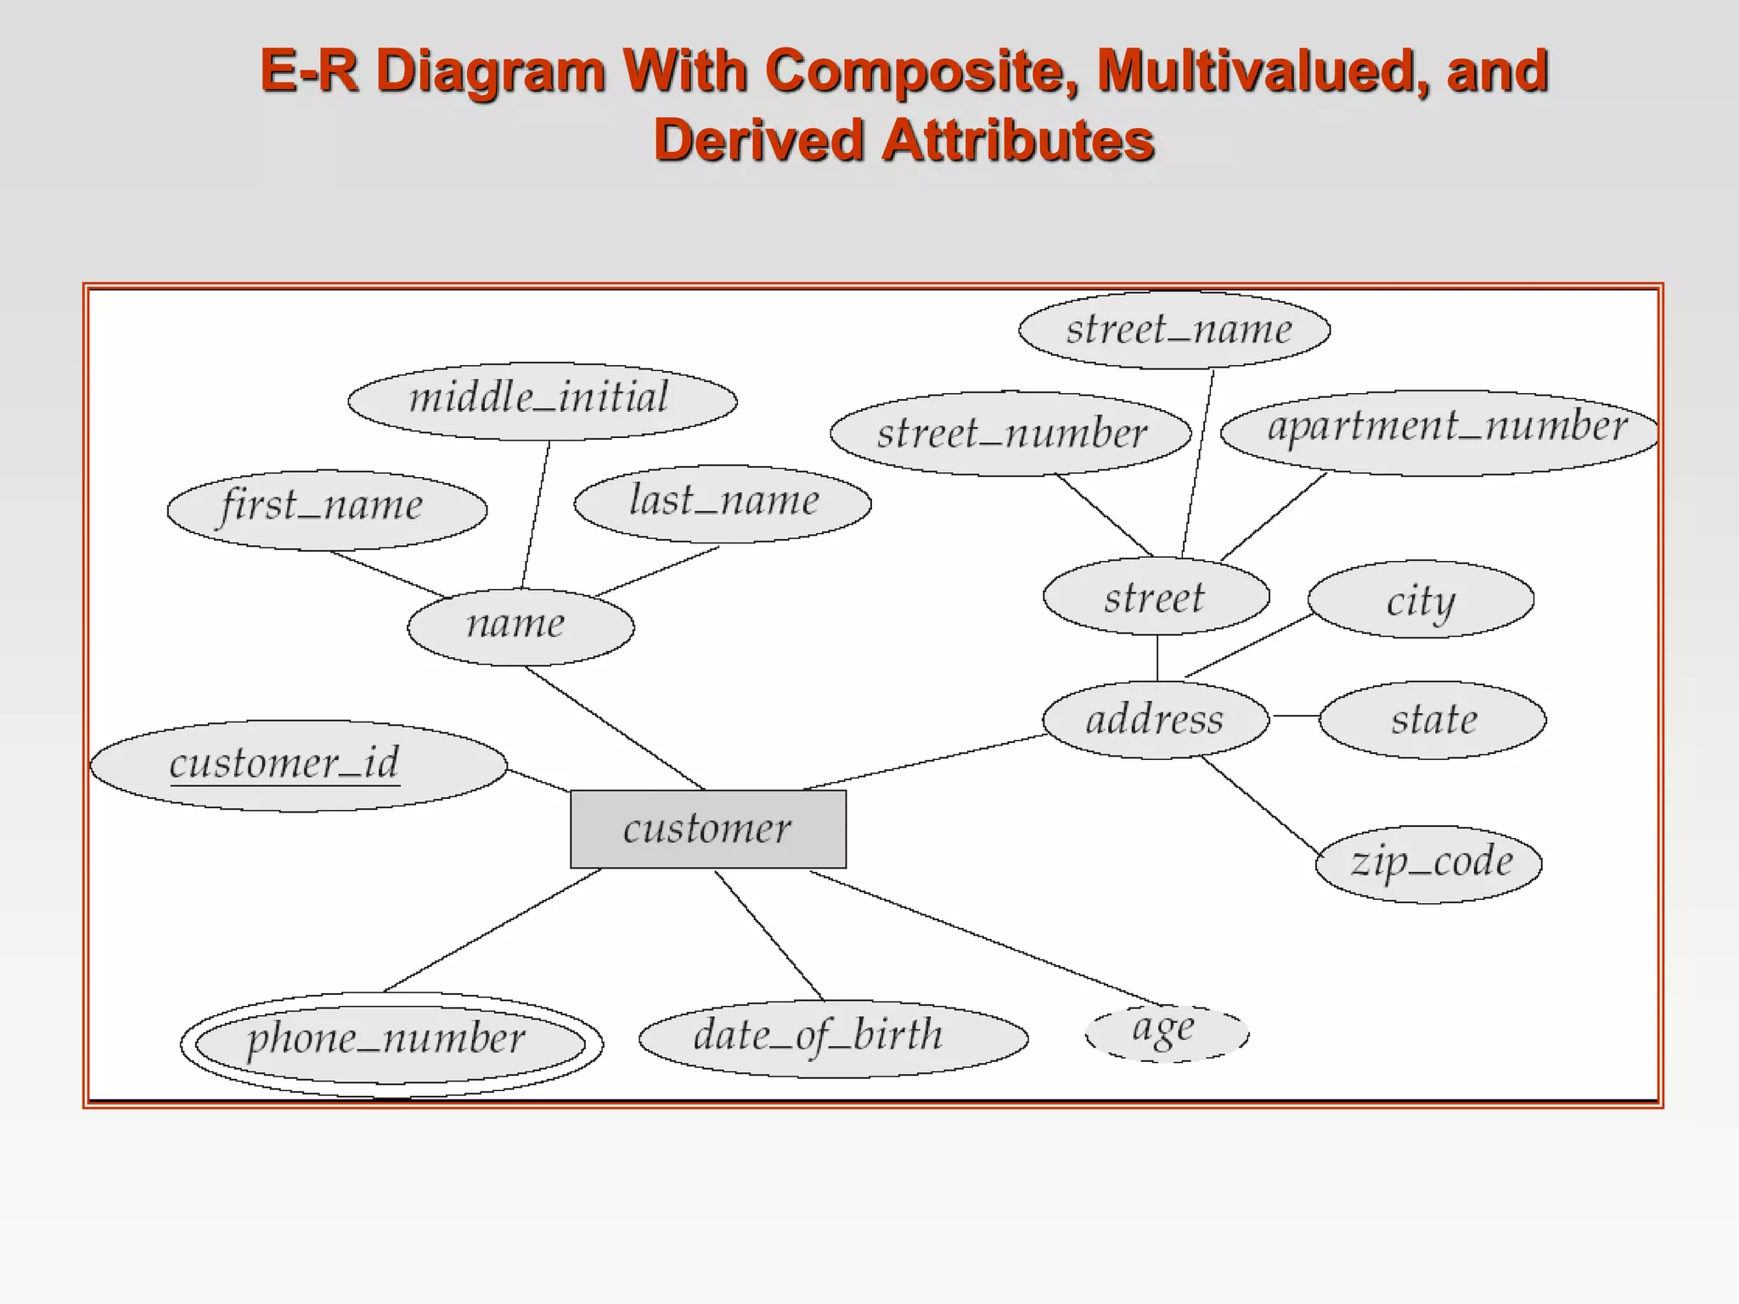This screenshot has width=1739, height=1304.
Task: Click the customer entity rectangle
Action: coord(708,829)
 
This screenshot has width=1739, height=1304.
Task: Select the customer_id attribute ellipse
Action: coord(299,766)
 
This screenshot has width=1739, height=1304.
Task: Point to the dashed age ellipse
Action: coord(1167,1032)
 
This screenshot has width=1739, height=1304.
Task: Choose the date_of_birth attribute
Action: coord(833,1038)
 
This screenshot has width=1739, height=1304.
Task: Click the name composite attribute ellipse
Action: coord(521,627)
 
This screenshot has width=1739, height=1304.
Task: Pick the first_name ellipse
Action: coord(327,509)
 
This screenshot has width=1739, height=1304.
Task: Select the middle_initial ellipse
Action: coord(542,401)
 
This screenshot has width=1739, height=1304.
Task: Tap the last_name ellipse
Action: coord(723,503)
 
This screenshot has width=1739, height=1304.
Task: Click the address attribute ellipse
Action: coord(1156,720)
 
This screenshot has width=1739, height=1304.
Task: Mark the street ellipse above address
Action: coord(1156,597)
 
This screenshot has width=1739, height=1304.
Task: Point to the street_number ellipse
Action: coord(1010,433)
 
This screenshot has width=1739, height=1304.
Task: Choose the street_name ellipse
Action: coord(1174,329)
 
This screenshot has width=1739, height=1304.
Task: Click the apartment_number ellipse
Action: coord(1439,431)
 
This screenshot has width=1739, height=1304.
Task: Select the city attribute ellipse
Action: coord(1421,599)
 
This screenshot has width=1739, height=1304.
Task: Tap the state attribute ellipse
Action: coord(1432,720)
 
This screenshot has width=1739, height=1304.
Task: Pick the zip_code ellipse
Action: coord(1428,864)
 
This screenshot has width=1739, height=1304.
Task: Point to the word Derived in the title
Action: coord(759,140)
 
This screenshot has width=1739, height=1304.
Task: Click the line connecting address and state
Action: coord(1294,717)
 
